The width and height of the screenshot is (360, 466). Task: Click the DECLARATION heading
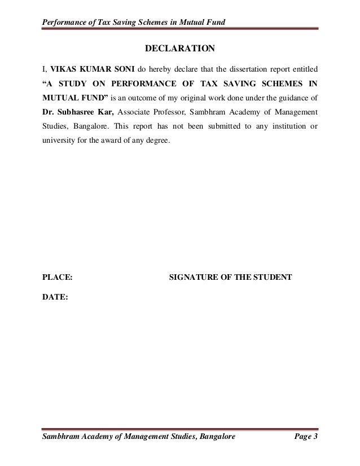[x=180, y=48]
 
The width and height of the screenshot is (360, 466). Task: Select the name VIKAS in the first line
[x=63, y=70]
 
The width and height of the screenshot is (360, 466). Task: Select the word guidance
[x=288, y=104]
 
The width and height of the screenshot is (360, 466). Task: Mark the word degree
[x=156, y=155]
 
